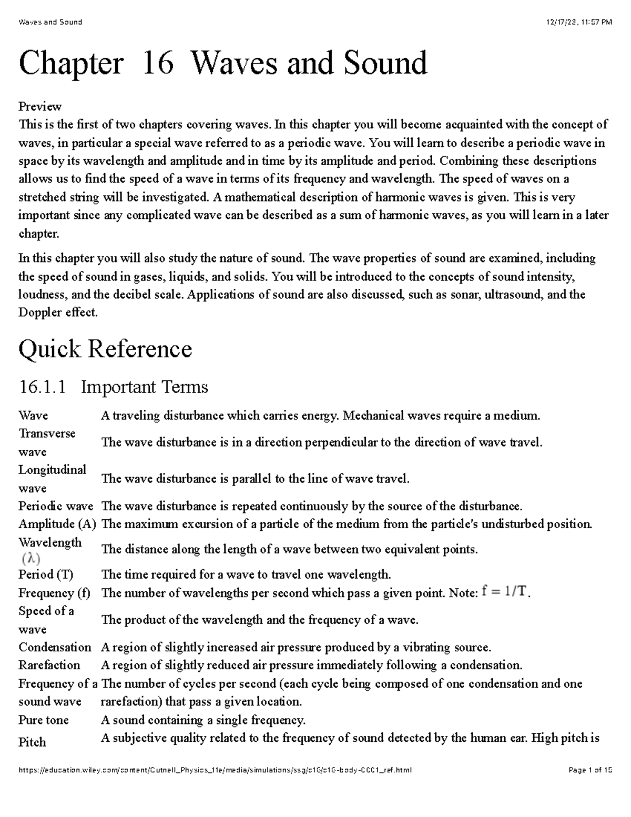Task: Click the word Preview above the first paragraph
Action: point(40,107)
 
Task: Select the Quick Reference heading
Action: point(105,349)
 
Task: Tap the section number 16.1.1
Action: point(43,388)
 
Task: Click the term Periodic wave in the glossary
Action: point(55,506)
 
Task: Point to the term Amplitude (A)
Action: point(57,524)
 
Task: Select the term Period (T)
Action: point(46,574)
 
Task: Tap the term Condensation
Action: point(55,647)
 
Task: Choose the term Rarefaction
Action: point(49,665)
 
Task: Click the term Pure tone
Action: point(43,720)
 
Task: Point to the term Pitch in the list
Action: point(32,742)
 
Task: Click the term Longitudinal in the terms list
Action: point(52,470)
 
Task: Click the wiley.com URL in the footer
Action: point(215,770)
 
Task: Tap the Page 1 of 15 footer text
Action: point(590,770)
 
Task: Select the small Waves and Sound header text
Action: point(50,22)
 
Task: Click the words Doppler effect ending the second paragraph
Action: point(57,312)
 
